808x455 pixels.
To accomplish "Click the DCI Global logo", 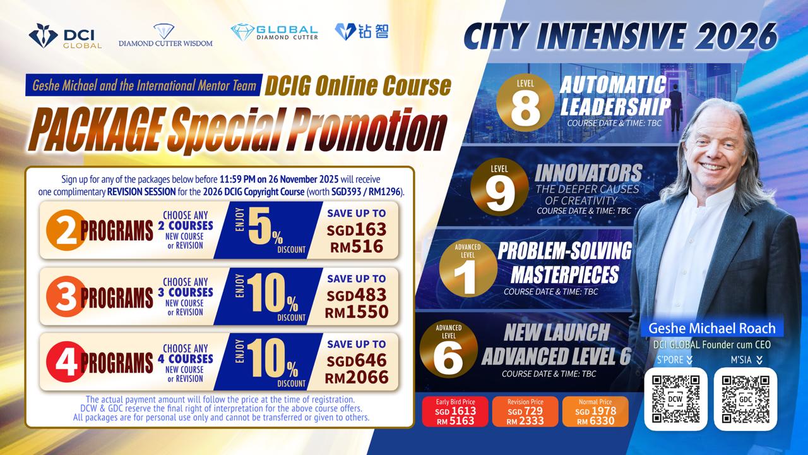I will pyautogui.click(x=65, y=36).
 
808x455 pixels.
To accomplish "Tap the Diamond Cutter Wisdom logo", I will pyautogui.click(x=165, y=35).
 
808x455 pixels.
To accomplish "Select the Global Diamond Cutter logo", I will pyautogui.click(x=274, y=32).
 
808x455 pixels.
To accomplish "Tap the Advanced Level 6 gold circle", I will pyautogui.click(x=448, y=349).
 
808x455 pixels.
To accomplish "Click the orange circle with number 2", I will pyautogui.click(x=65, y=231).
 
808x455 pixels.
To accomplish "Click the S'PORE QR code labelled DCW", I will pyautogui.click(x=675, y=399).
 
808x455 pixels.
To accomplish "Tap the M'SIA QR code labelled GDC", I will pyautogui.click(x=746, y=399).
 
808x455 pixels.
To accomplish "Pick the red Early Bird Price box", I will pyautogui.click(x=455, y=411).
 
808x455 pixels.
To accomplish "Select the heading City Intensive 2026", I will pyautogui.click(x=620, y=37).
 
